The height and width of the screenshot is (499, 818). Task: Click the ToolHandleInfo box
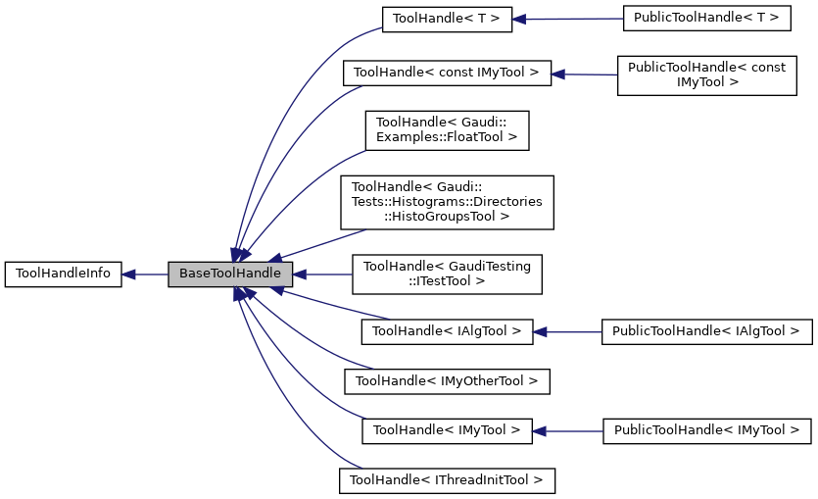[x=64, y=274]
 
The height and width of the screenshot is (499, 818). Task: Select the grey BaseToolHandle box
[x=230, y=274]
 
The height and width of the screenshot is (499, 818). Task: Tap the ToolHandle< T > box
[x=447, y=19]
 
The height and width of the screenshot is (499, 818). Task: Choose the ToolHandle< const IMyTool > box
[x=447, y=73]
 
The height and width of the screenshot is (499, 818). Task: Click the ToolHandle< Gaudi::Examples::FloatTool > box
[x=447, y=130]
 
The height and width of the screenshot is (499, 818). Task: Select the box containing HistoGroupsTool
[x=447, y=202]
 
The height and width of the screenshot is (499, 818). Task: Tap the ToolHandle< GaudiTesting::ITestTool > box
[x=447, y=274]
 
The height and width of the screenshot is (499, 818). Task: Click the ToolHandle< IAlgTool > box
[x=447, y=331]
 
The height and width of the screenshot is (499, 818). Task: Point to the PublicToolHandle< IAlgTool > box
[x=706, y=331]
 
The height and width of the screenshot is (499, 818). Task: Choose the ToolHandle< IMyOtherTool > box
[x=447, y=380]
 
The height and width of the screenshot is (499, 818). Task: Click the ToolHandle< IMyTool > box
[x=447, y=430]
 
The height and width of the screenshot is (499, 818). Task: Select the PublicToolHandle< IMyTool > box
[x=706, y=430]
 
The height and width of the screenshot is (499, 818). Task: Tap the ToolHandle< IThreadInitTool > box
[x=447, y=480]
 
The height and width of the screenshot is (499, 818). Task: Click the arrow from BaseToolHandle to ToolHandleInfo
[x=145, y=274]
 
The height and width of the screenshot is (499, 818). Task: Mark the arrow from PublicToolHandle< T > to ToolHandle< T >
[x=568, y=19]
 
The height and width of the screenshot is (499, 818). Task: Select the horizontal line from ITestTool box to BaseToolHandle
[x=323, y=274]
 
